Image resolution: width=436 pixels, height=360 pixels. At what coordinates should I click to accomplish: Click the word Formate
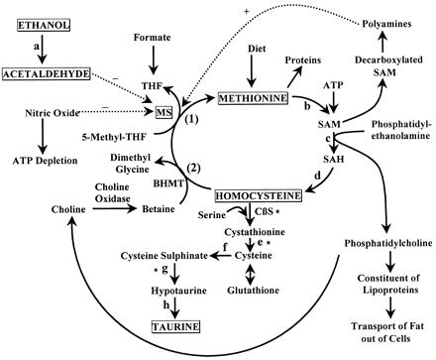pyautogui.click(x=156, y=38)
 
